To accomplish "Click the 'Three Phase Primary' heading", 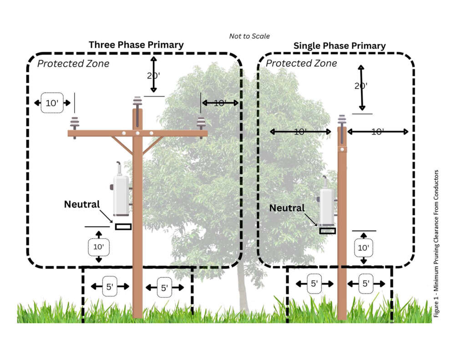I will (x=136, y=45).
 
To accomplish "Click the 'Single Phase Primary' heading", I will (x=339, y=46).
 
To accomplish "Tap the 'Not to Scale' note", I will (x=249, y=35).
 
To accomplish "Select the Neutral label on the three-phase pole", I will (x=81, y=204).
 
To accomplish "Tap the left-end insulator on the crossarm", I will (x=74, y=124).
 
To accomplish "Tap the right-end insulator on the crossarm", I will (x=201, y=124).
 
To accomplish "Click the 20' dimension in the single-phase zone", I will (x=361, y=86).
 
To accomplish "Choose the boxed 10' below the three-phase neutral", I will (x=99, y=247).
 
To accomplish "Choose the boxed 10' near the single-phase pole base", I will (x=363, y=248).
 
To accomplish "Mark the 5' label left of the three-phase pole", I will (x=110, y=287).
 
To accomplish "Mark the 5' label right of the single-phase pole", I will (x=366, y=284).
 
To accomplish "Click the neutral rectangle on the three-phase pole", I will (x=123, y=226).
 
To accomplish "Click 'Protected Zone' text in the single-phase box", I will (x=301, y=63).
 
